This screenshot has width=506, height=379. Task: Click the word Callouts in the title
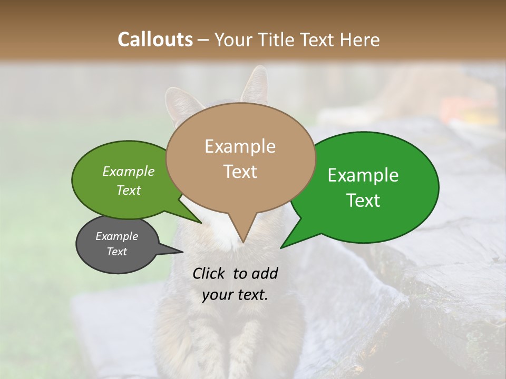coord(155,39)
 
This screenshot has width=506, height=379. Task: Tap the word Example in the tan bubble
coord(240,146)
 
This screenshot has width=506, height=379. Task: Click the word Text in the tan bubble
coord(240,172)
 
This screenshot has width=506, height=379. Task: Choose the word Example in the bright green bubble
coord(363,175)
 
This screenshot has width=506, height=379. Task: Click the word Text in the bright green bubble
coord(363,201)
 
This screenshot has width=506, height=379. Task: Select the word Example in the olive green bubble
coord(129,171)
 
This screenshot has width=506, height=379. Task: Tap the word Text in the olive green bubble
coord(129,190)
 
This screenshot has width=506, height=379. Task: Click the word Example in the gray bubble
coord(116,236)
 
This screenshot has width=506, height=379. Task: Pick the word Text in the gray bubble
coord(116,252)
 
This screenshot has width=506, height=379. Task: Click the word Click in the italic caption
coord(210,273)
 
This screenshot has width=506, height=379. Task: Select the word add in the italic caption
coord(265,273)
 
